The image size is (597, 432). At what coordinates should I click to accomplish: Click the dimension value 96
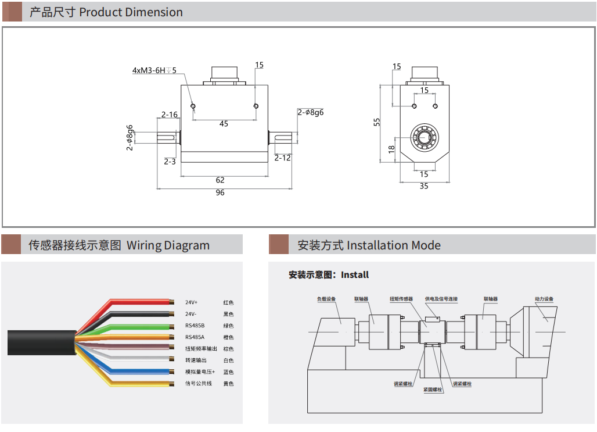(x=220, y=192)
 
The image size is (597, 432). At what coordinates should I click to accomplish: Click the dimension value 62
(x=220, y=180)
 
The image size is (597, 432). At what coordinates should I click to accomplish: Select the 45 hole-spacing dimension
(x=224, y=123)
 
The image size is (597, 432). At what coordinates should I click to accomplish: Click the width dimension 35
(x=424, y=186)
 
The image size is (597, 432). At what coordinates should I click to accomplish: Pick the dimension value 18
(x=391, y=149)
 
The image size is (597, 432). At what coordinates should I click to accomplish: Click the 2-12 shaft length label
(x=283, y=158)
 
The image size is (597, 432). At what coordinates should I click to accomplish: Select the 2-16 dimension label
(x=170, y=115)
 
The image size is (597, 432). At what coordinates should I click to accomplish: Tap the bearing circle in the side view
(x=424, y=138)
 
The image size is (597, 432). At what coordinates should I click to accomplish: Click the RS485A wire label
(x=195, y=337)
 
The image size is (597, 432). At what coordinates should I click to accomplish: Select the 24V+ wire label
(x=192, y=303)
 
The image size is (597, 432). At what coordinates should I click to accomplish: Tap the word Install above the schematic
(x=355, y=274)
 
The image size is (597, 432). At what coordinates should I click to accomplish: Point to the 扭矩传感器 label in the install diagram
(x=401, y=299)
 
